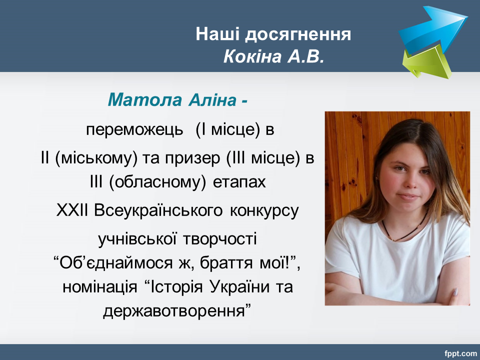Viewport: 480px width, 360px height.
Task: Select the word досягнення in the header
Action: (298, 35)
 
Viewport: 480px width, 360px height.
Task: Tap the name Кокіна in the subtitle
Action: (253, 56)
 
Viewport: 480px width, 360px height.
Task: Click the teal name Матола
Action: (145, 99)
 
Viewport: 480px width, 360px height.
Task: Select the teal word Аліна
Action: (212, 99)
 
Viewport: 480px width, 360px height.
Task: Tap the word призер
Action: (192, 158)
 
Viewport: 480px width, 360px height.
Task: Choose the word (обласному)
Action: (157, 182)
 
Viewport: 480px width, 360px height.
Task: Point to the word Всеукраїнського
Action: (158, 210)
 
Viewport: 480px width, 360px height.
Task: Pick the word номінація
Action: (100, 287)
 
